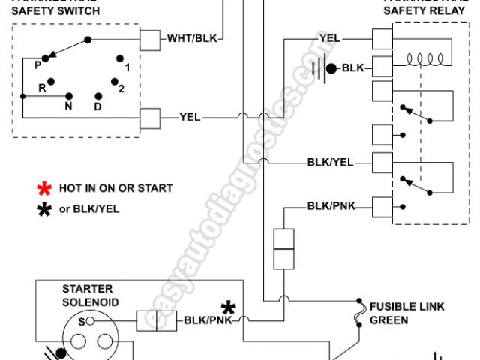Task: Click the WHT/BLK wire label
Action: pyautogui.click(x=191, y=38)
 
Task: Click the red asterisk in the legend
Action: pyautogui.click(x=46, y=188)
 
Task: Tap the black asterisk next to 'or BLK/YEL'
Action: pyautogui.click(x=46, y=209)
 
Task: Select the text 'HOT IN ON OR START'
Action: pyautogui.click(x=116, y=188)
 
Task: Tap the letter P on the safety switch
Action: pyautogui.click(x=37, y=64)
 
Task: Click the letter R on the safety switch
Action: pyautogui.click(x=43, y=87)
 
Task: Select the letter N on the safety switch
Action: pyautogui.click(x=67, y=106)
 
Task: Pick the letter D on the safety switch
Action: pyautogui.click(x=98, y=106)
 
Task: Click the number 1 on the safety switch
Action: pyautogui.click(x=127, y=67)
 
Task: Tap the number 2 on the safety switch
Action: pyautogui.click(x=121, y=88)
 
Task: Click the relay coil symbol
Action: pyautogui.click(x=427, y=58)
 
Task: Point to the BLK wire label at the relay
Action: pyautogui.click(x=352, y=68)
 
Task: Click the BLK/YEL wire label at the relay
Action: pyautogui.click(x=330, y=162)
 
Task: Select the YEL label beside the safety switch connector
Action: pyautogui.click(x=190, y=117)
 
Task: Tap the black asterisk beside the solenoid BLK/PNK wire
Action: pyautogui.click(x=228, y=307)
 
